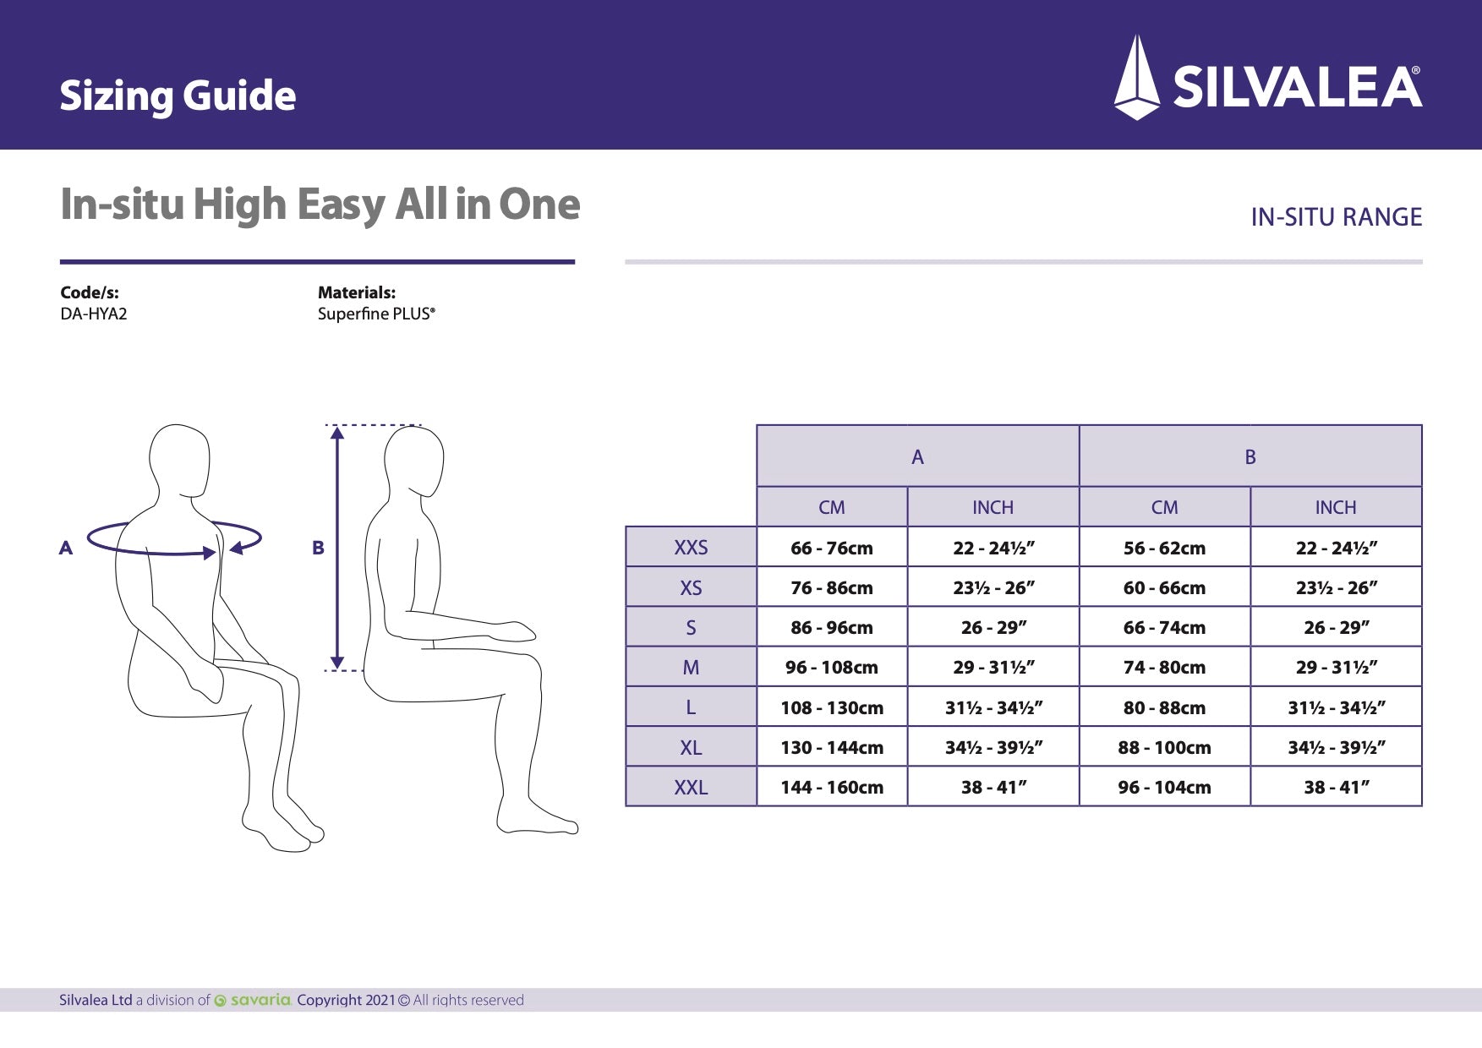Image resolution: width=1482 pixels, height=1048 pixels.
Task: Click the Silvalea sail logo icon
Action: pos(1137,78)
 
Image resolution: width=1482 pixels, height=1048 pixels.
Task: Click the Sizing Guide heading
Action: pos(178,96)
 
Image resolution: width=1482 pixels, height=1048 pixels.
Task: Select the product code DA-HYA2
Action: pos(94,314)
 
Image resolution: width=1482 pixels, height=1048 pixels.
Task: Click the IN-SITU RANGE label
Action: pos(1336,217)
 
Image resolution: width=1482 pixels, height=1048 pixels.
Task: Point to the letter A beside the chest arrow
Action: pos(66,548)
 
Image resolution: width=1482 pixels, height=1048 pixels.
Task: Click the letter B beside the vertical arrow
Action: pos(318,548)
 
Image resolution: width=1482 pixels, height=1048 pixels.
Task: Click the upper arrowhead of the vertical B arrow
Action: pos(337,434)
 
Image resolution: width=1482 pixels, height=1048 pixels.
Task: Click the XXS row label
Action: pos(691,547)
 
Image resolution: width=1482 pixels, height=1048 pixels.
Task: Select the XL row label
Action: pos(691,747)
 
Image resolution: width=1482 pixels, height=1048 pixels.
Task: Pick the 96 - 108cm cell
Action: pos(831,668)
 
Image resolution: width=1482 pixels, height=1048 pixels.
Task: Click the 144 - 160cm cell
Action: pos(831,787)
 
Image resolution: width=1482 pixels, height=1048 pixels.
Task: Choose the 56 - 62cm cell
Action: pos(1164,548)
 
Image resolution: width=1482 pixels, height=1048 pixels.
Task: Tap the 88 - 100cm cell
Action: pos(1164,747)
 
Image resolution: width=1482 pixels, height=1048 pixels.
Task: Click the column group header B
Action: pos(1250,456)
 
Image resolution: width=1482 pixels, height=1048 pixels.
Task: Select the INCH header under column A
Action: pos(993,507)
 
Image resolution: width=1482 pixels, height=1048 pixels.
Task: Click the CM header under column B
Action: pos(1164,507)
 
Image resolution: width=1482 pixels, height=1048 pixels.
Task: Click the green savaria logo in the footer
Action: pos(253,1000)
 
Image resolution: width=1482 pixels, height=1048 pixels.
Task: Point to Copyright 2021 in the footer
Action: pos(346,1000)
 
